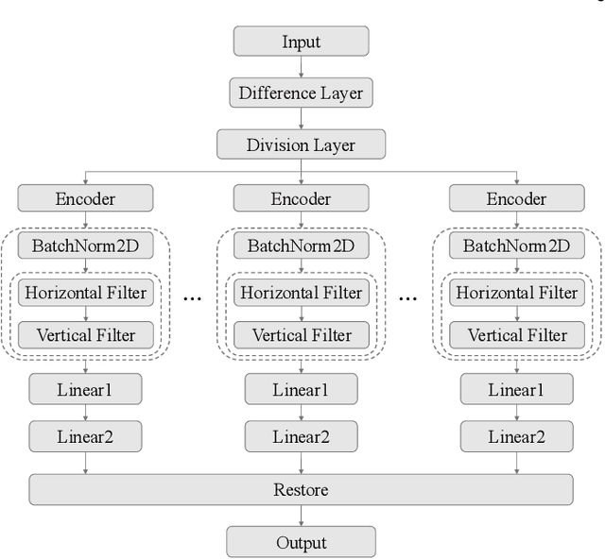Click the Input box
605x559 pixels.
[301, 42]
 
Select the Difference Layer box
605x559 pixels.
[301, 93]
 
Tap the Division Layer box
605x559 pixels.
[301, 144]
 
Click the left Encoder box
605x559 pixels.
[85, 198]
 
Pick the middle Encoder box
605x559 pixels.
[301, 198]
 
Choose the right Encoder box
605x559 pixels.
[516, 198]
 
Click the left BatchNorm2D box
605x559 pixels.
[85, 246]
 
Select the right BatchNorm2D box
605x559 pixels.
[516, 246]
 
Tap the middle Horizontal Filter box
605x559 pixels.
[301, 292]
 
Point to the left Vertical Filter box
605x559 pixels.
[85, 334]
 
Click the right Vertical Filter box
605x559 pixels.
[516, 334]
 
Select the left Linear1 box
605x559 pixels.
[85, 389]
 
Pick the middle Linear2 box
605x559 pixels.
[301, 436]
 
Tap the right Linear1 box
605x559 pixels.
[516, 389]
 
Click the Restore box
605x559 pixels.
[301, 490]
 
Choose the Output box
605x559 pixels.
[301, 542]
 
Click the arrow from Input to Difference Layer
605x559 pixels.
[301, 66]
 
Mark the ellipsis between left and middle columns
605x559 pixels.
[193, 297]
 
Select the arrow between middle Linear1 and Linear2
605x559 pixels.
[301, 413]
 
